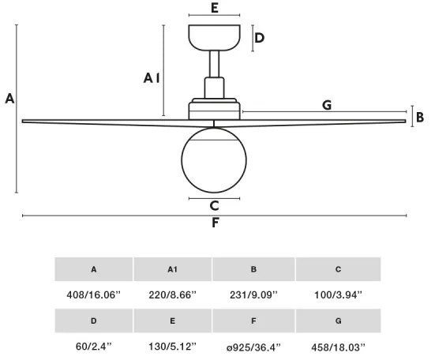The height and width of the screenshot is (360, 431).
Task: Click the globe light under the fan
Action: click(215, 158)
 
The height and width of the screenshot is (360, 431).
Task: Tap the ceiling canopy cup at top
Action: click(215, 37)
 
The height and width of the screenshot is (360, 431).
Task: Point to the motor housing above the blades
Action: click(215, 108)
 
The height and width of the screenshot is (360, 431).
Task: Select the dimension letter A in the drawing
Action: click(9, 99)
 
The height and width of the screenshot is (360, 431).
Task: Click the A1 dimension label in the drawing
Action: click(152, 77)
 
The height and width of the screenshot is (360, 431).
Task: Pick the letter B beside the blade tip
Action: click(420, 118)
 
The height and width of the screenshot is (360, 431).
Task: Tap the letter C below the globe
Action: click(215, 206)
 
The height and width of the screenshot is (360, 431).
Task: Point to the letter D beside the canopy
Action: click(259, 37)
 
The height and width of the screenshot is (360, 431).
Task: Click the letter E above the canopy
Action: click(215, 9)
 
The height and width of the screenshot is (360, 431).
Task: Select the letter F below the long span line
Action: click(215, 223)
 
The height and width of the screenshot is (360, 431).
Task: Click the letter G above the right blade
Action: click(327, 104)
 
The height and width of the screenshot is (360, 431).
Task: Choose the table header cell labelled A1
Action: click(173, 269)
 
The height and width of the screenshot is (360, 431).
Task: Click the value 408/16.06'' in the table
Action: click(93, 294)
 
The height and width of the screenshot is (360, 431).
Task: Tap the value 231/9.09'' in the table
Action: click(253, 294)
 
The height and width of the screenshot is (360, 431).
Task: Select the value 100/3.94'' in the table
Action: click(338, 294)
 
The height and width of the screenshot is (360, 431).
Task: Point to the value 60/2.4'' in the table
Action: click(93, 346)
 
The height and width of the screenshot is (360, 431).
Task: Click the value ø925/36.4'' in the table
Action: click(253, 346)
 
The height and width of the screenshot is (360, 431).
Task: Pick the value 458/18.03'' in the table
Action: click(338, 346)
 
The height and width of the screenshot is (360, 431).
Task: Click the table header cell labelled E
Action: click(173, 321)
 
